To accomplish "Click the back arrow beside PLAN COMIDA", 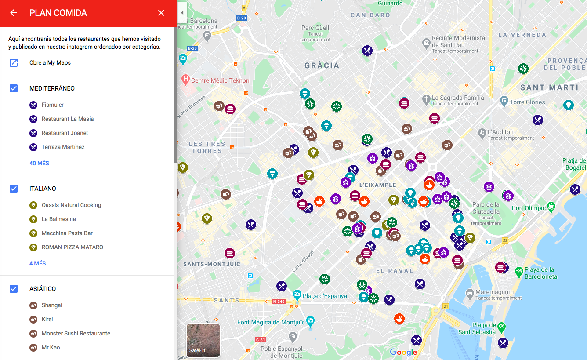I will click(x=14, y=13).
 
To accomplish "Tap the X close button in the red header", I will click(x=161, y=13).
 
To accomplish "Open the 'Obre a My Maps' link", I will click(x=50, y=62).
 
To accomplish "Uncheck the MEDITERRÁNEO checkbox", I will click(x=14, y=88).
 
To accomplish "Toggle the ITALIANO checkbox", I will click(x=14, y=189).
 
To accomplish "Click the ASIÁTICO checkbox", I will click(x=14, y=289).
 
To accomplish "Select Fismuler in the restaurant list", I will click(x=52, y=105).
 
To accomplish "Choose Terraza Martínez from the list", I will click(x=63, y=147).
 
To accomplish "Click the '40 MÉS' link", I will click(x=39, y=163).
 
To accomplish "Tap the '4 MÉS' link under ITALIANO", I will click(x=37, y=263).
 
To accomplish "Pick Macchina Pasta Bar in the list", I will click(x=67, y=233).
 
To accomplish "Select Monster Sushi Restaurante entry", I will click(x=76, y=333).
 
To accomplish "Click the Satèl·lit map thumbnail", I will click(x=203, y=340).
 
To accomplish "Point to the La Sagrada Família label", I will click(x=458, y=98).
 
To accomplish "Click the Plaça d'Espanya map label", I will click(x=325, y=296).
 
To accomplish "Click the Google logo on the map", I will click(x=403, y=352).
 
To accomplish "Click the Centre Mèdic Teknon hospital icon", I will click(x=185, y=80).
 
